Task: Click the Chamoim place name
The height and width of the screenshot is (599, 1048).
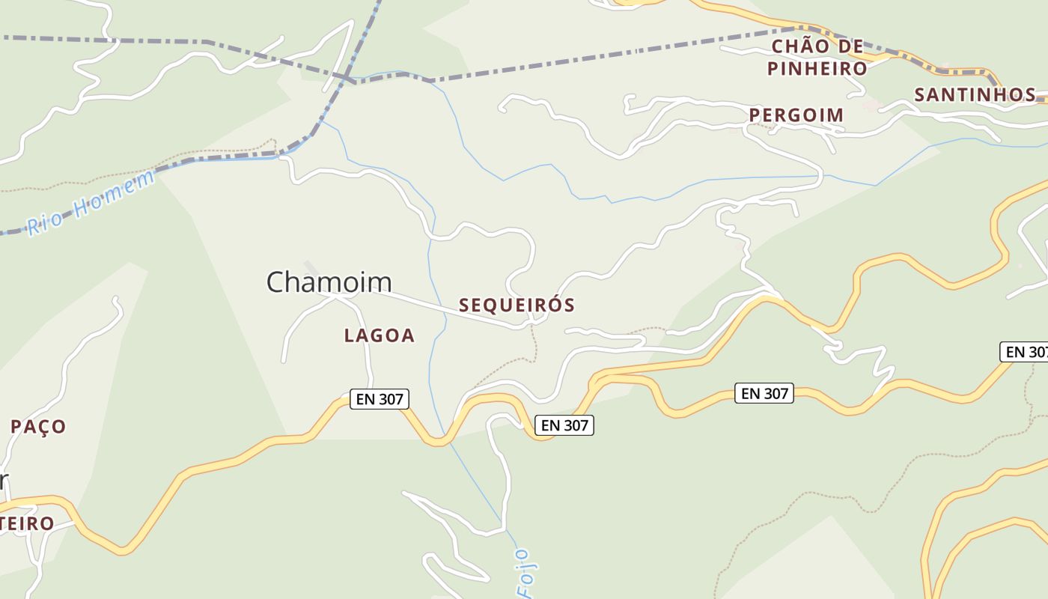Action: coord(329,282)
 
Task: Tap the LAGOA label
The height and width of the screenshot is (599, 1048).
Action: coord(379,336)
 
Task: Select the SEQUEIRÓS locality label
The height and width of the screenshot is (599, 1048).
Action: coord(517,305)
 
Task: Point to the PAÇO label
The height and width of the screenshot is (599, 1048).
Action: coord(38,427)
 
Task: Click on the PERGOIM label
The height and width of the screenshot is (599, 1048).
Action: coord(796,115)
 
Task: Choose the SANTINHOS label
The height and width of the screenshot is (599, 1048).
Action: coord(975,95)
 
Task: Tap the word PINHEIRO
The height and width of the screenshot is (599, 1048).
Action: coord(817,69)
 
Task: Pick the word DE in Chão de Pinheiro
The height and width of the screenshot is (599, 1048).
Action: coord(851,46)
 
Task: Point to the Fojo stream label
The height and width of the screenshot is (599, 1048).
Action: coord(525,573)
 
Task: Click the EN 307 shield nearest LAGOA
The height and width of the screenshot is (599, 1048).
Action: coord(380,399)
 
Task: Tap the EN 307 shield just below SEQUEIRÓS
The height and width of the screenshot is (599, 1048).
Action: coord(564,425)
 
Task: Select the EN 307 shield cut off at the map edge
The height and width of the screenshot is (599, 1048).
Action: coord(1024,352)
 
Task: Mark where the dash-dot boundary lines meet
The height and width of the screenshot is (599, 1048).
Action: coord(346,77)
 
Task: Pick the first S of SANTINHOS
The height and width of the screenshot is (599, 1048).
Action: coord(921,95)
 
